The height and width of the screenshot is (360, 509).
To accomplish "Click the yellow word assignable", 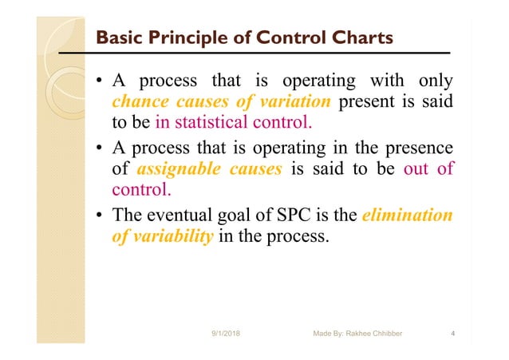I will point(180,170).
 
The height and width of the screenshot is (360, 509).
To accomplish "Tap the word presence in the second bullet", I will point(419,148).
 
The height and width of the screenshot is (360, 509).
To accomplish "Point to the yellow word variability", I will point(169,239).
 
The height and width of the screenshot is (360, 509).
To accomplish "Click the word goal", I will point(241,216).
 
